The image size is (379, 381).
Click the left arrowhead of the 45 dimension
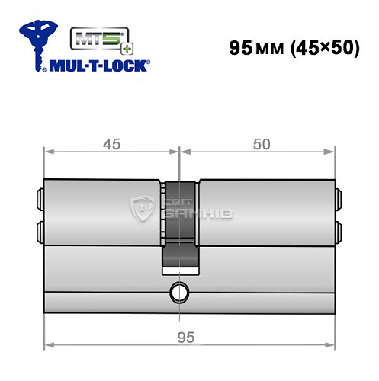click(48, 151)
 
